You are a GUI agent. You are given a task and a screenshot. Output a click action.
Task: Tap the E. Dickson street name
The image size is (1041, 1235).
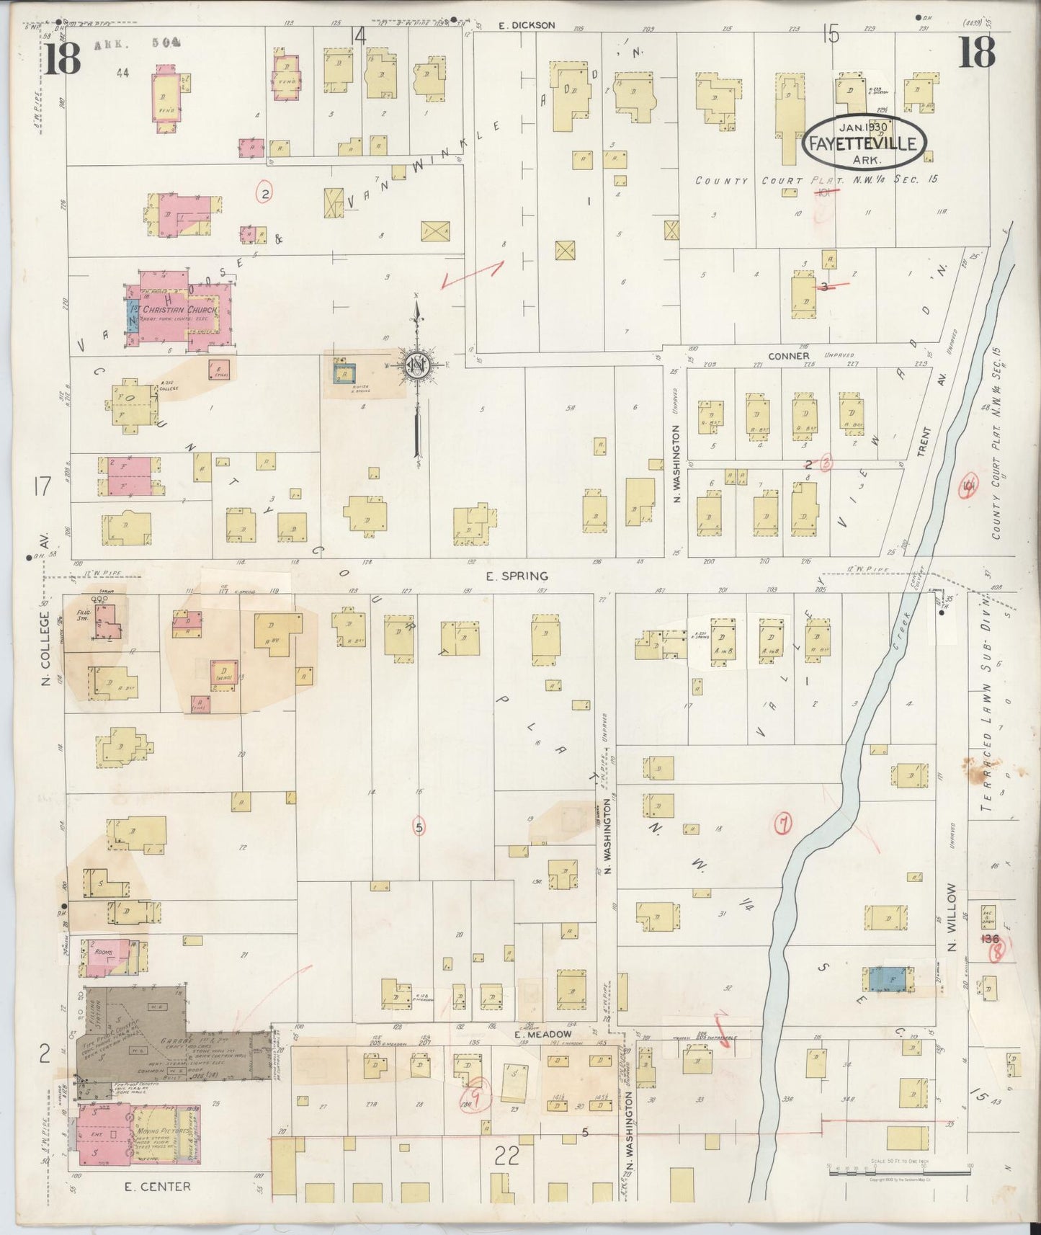click(527, 25)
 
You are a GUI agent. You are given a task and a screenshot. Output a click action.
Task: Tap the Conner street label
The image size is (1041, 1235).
click(789, 356)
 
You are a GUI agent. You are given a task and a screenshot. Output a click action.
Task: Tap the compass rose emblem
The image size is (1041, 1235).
click(416, 365)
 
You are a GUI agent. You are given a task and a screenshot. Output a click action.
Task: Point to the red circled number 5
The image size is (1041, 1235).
click(419, 827)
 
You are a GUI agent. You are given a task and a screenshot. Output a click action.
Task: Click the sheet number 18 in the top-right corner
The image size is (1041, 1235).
click(976, 53)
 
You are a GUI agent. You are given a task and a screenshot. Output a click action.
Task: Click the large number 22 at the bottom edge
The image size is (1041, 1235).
click(507, 1156)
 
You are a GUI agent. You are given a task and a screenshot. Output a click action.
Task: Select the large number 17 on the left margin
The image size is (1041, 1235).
click(42, 486)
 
